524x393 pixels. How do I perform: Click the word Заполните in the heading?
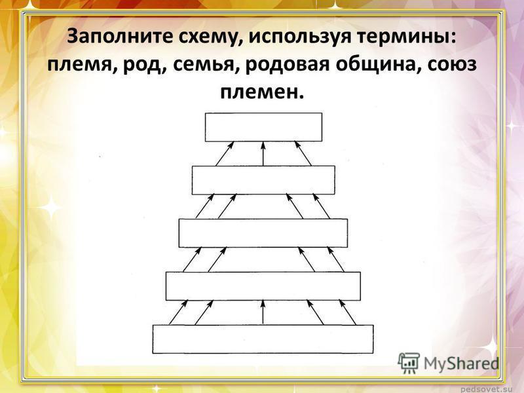120,37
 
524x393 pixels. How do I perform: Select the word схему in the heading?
210,37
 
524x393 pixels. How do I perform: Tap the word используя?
299,37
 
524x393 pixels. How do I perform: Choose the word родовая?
288,65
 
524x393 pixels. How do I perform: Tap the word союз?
450,64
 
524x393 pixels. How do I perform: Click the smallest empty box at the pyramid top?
264,127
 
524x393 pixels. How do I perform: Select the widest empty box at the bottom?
263,339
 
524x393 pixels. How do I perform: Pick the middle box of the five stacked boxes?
263,233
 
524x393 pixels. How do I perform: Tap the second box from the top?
263,179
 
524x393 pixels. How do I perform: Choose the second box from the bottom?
263,286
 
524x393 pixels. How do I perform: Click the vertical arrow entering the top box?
263,154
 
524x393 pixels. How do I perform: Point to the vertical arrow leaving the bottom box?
263,312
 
